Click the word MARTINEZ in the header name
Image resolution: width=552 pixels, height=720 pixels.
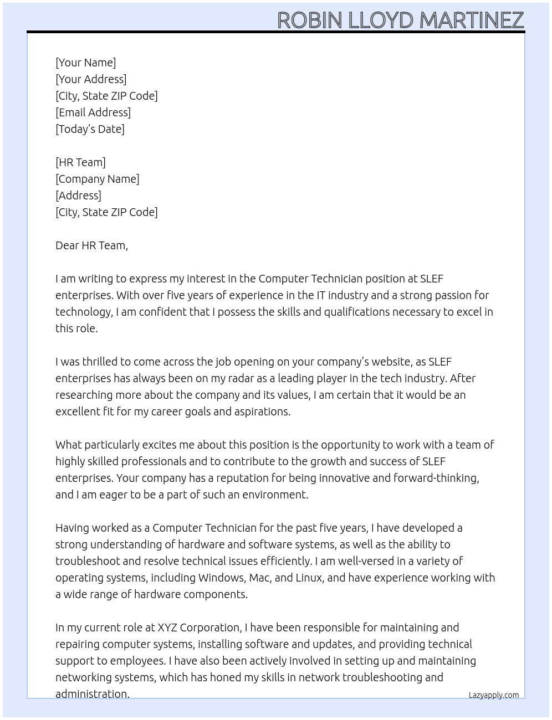472,20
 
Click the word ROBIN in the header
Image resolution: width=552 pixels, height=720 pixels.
310,20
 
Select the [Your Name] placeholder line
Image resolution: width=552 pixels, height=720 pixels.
85,63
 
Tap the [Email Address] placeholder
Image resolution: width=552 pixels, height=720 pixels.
93,112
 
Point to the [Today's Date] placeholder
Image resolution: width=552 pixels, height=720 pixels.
90,129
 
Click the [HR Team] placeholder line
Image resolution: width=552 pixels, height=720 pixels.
80,162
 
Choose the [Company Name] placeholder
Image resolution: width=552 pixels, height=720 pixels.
97,179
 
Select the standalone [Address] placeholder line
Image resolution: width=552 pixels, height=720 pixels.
78,196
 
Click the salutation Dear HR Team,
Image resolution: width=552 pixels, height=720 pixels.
91,245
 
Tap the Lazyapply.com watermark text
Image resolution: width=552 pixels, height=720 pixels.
494,695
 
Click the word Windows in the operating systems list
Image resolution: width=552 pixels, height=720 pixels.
221,578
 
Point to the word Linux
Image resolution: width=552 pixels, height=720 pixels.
309,578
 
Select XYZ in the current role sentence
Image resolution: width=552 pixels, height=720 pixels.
167,628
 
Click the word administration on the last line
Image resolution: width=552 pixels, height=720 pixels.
92,694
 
